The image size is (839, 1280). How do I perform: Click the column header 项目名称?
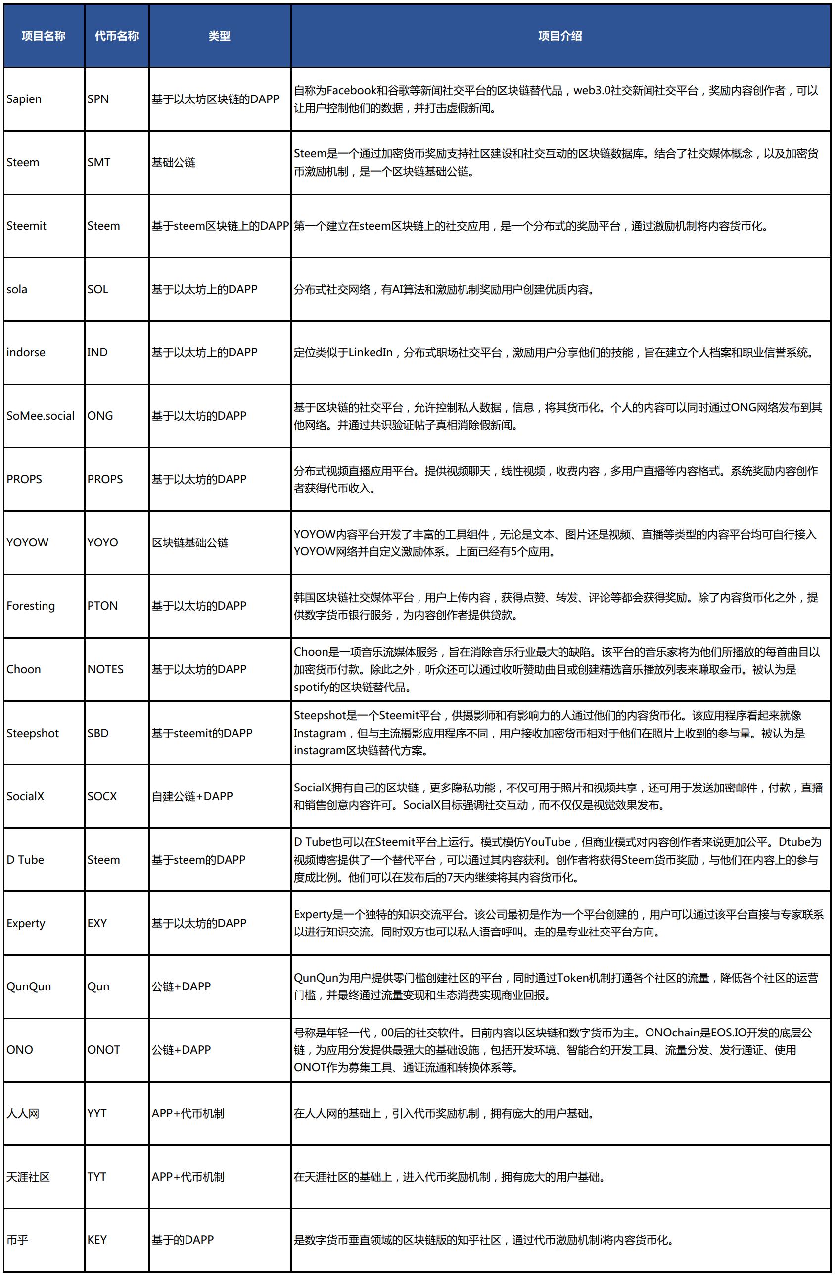[44, 36]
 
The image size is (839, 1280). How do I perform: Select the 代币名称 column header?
[117, 36]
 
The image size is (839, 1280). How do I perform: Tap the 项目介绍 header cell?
[560, 36]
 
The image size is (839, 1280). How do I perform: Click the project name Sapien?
[24, 99]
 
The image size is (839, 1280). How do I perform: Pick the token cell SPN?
[98, 99]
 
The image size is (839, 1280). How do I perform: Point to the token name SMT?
[99, 162]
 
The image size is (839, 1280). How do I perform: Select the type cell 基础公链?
[174, 162]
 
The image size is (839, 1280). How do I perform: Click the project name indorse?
[26, 352]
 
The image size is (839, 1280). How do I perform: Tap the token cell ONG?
[100, 416]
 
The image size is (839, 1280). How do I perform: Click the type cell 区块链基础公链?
[190, 542]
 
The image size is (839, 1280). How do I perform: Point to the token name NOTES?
[105, 669]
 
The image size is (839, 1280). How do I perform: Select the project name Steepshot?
[32, 733]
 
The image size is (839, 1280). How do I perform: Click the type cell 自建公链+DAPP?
[192, 796]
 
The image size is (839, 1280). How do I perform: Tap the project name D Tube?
[25, 860]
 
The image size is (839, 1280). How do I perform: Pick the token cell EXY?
[97, 924]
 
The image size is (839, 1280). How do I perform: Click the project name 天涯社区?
[28, 1177]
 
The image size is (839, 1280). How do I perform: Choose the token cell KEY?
[97, 1240]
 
